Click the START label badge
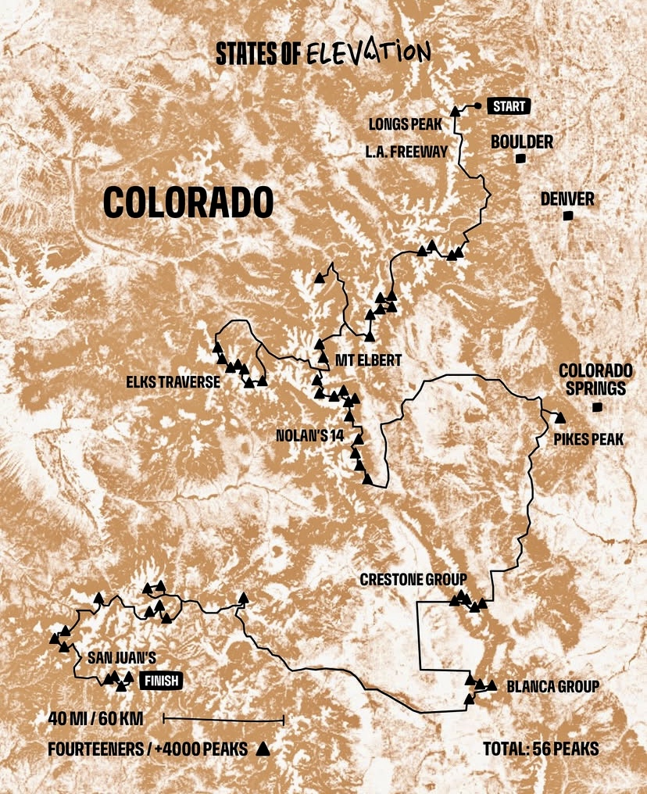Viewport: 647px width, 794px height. (x=509, y=106)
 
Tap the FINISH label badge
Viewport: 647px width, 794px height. (x=161, y=681)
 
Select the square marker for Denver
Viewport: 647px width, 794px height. (x=568, y=216)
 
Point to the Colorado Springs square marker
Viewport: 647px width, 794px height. (x=598, y=406)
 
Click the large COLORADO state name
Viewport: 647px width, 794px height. (x=188, y=202)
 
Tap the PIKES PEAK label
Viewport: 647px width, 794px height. (x=588, y=440)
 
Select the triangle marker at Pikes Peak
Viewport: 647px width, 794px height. (x=560, y=417)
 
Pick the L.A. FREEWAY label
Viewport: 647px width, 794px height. (x=407, y=152)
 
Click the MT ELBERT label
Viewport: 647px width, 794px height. (x=367, y=360)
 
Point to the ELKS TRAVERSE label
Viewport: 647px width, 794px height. (x=173, y=383)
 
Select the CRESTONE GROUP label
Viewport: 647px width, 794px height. (x=413, y=579)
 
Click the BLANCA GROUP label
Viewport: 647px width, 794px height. (x=552, y=687)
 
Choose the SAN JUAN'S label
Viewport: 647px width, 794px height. (x=122, y=658)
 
